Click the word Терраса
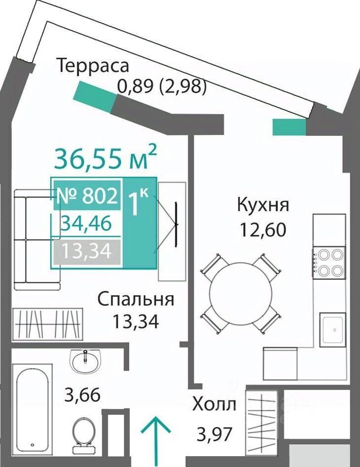click(93, 66)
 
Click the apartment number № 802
click(87, 196)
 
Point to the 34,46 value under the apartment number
click(86, 224)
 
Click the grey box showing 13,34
click(87, 251)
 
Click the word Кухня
click(263, 205)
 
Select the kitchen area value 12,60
click(263, 230)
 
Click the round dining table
click(241, 294)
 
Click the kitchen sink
click(332, 329)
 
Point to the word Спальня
click(136, 299)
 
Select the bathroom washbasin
click(85, 361)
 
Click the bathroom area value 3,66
click(82, 395)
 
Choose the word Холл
click(214, 405)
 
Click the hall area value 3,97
click(214, 434)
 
